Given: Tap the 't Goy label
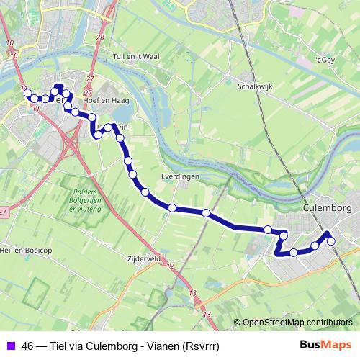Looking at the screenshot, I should pyautogui.click(x=327, y=60).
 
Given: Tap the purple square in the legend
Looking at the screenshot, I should pyautogui.click(x=11, y=345).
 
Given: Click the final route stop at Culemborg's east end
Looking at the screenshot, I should pyautogui.click(x=331, y=242).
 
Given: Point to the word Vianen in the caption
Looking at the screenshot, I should pyautogui.click(x=161, y=345).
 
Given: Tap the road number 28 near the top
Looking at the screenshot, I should pyautogui.click(x=99, y=37).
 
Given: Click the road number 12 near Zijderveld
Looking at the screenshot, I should pyautogui.click(x=170, y=266).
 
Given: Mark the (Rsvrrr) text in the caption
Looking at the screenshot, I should pyautogui.click(x=199, y=345).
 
